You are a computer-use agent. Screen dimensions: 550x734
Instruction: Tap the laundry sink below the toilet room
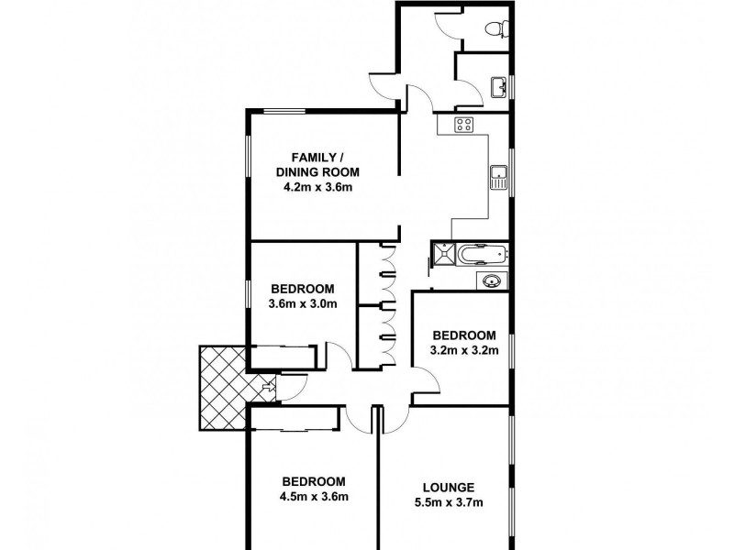498,87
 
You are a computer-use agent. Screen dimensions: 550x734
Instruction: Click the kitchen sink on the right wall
498,176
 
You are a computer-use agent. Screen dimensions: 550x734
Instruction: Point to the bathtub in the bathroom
481,255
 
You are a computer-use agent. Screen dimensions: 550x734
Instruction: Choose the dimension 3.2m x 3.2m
464,350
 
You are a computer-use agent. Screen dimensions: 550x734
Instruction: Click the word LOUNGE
449,487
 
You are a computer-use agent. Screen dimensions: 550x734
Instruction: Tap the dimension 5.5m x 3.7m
450,502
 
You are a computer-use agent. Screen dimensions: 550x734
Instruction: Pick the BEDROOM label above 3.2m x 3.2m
464,335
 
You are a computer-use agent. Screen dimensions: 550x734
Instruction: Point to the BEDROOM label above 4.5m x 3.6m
314,481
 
